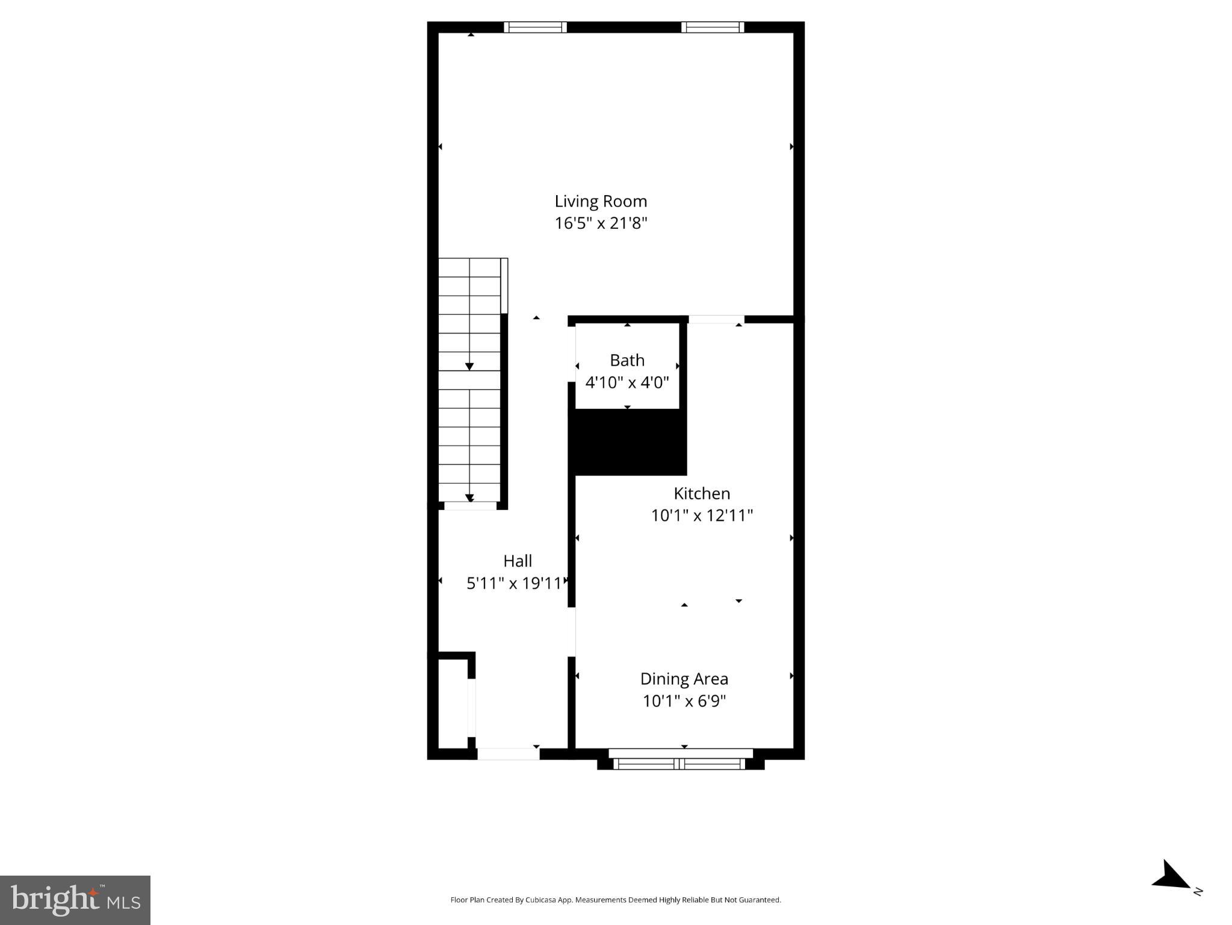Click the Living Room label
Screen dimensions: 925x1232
(601, 201)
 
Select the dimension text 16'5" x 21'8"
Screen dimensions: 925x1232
(601, 223)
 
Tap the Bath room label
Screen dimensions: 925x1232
(627, 360)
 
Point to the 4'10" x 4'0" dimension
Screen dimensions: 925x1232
(627, 382)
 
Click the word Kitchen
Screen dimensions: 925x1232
(702, 493)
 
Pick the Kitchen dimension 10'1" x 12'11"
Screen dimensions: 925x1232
(702, 515)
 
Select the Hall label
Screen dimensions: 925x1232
(518, 561)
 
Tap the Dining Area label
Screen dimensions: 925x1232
(684, 679)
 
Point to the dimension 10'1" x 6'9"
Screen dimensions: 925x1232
(684, 701)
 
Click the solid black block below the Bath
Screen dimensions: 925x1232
(628, 442)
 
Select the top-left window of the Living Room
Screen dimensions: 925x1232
(535, 27)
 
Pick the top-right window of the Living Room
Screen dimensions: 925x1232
(713, 27)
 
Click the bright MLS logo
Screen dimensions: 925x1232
(75, 900)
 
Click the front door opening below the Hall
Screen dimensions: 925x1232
(508, 753)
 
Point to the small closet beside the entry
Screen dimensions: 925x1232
(453, 703)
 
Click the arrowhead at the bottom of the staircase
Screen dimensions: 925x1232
(469, 498)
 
